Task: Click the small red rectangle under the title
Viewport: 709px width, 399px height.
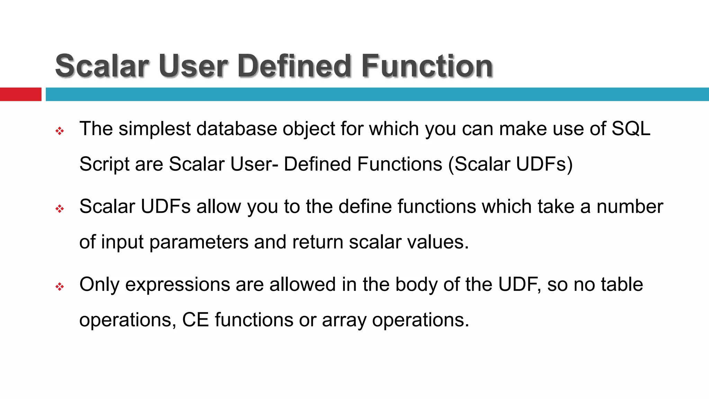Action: (x=20, y=94)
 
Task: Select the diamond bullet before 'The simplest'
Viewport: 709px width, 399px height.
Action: (x=60, y=131)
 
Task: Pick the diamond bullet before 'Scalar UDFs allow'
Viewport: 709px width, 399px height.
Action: (x=60, y=209)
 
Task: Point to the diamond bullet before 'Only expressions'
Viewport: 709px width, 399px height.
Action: (x=60, y=286)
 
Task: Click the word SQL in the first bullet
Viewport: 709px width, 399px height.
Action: (x=631, y=128)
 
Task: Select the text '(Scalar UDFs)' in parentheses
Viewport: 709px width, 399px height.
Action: (x=510, y=164)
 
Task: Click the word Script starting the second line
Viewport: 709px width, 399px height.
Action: (x=104, y=165)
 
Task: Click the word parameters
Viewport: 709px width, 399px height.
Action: (x=199, y=242)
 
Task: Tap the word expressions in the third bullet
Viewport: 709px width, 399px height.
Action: (x=177, y=285)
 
